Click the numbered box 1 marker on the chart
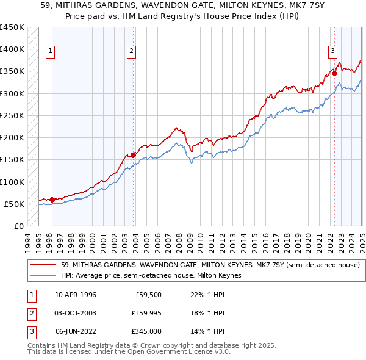point(49,52)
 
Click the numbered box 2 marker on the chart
point(131,52)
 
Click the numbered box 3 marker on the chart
point(332,51)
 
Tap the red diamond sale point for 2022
point(334,74)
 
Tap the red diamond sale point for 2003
point(134,155)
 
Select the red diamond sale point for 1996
point(52,200)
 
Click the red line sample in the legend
point(43,265)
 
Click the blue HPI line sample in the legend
point(43,276)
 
